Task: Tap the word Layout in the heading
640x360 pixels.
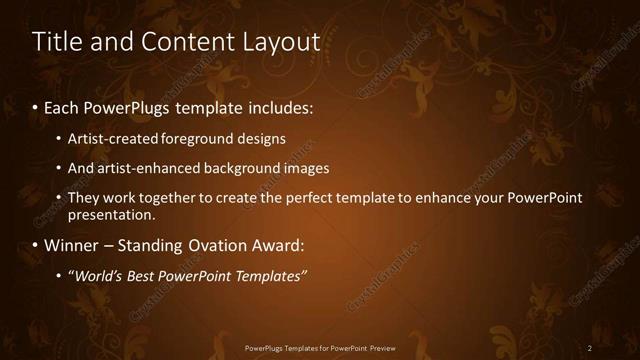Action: click(281, 42)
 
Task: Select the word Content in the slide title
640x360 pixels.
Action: click(185, 42)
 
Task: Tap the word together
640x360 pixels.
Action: click(167, 198)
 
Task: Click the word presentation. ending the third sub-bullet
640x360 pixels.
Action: click(111, 214)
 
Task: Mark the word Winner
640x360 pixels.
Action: click(72, 245)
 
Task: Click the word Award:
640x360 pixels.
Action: click(276, 245)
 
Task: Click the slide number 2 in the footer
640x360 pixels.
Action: click(589, 348)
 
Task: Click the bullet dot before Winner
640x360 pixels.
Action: click(36, 246)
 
